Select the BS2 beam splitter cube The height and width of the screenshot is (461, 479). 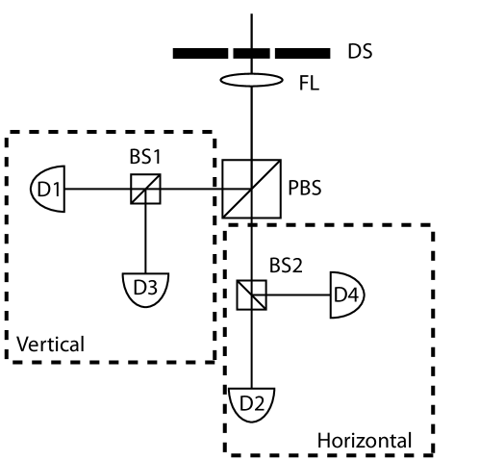click(x=251, y=294)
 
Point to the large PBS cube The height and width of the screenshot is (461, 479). click(x=248, y=189)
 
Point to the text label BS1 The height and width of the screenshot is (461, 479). click(x=144, y=154)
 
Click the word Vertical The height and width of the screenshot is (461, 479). click(x=52, y=343)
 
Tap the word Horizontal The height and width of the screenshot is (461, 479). click(x=364, y=440)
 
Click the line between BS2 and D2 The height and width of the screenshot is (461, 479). click(x=251, y=346)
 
